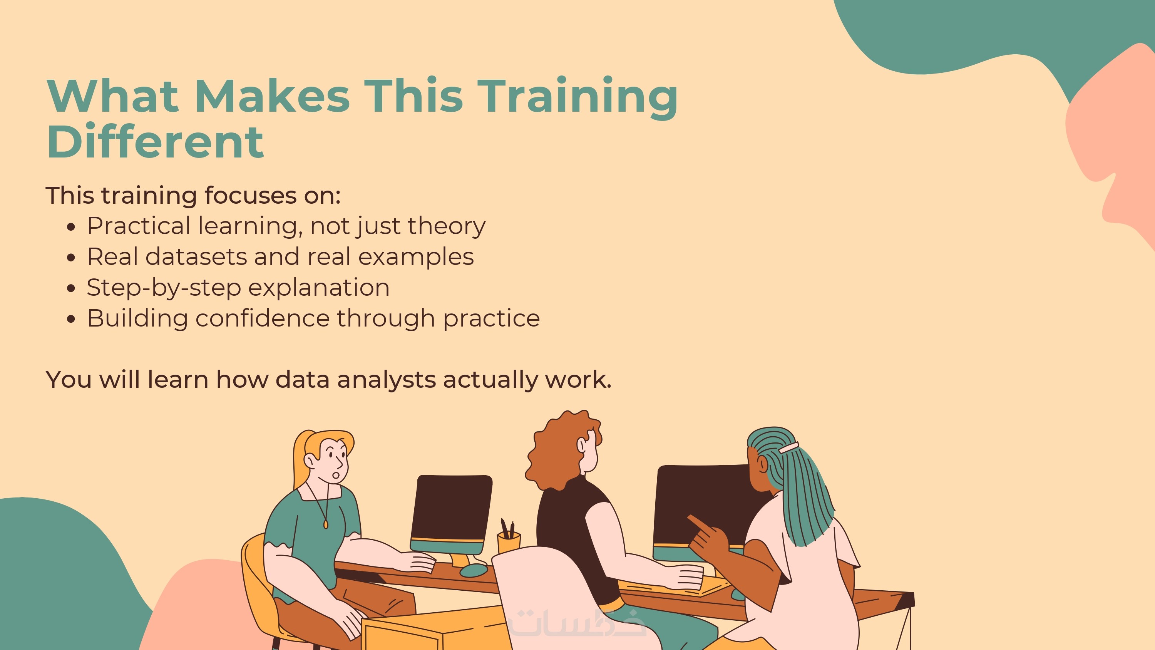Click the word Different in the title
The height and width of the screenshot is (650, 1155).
tap(155, 142)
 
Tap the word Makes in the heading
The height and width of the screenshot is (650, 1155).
tap(272, 96)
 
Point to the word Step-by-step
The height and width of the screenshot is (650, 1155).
tap(164, 288)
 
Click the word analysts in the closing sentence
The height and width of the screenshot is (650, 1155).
tap(386, 380)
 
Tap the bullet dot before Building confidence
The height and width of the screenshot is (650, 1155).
tap(70, 319)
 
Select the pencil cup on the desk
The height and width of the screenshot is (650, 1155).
tap(509, 541)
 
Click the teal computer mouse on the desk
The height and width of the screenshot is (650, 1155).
tap(474, 570)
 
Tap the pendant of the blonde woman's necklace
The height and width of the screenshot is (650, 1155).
tap(325, 523)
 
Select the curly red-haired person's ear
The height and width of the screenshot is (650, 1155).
tap(581, 445)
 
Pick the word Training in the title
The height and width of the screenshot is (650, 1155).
tap(577, 98)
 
